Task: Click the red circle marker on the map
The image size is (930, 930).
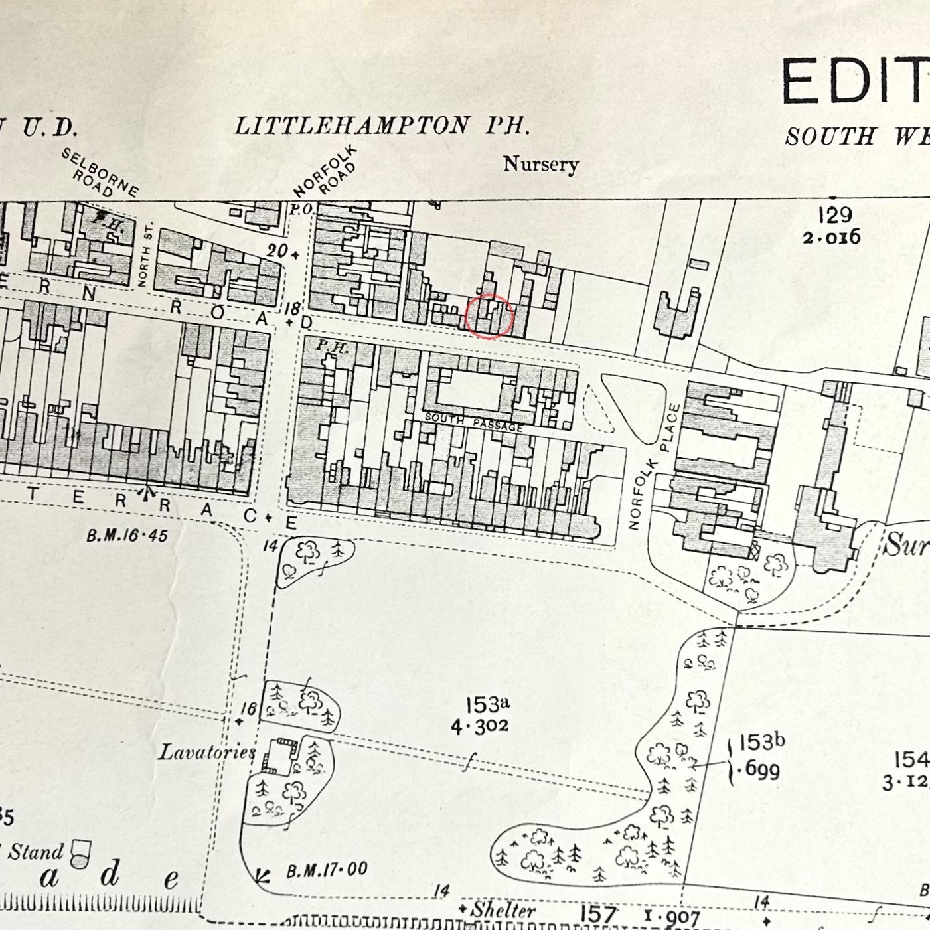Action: (489, 317)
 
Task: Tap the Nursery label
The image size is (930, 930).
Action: (540, 164)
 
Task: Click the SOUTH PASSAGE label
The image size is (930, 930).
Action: (473, 422)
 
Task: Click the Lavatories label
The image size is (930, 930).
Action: (206, 752)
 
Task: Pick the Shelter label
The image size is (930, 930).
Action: (503, 910)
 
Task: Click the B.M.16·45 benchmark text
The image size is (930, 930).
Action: (127, 535)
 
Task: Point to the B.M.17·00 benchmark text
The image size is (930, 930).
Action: (327, 870)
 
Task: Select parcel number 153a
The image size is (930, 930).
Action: (487, 704)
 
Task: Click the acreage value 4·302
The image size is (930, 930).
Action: (479, 726)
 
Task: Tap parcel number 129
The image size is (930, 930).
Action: (834, 215)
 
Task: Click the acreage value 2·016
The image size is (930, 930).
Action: (831, 237)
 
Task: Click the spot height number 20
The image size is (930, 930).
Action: (277, 251)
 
